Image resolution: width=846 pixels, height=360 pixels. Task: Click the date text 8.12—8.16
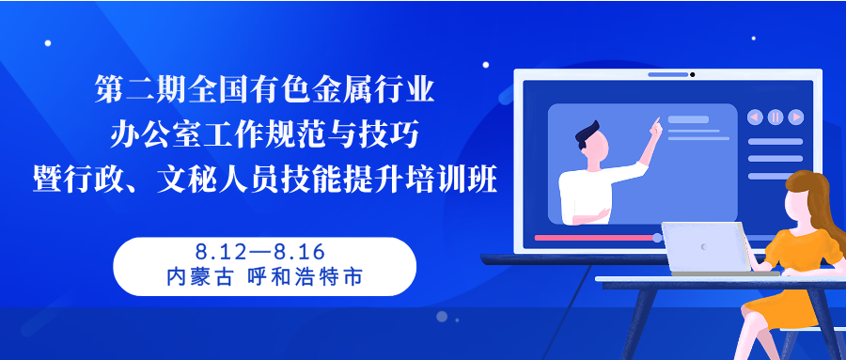tap(260, 252)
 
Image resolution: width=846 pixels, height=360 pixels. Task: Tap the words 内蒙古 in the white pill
tap(199, 277)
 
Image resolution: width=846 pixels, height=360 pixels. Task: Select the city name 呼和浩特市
tap(305, 277)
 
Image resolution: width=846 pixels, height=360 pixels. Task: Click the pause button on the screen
tap(775, 117)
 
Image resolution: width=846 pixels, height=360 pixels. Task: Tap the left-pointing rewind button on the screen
tap(755, 117)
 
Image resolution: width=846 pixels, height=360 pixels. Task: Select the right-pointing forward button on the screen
tap(796, 117)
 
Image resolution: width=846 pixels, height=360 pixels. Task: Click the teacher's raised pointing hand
tap(655, 128)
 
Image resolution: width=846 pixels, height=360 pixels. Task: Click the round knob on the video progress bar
tap(657, 238)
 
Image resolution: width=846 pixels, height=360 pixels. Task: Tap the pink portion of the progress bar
tap(593, 238)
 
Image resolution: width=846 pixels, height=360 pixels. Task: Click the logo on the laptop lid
tap(703, 246)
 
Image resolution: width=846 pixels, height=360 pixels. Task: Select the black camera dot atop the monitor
tap(692, 74)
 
